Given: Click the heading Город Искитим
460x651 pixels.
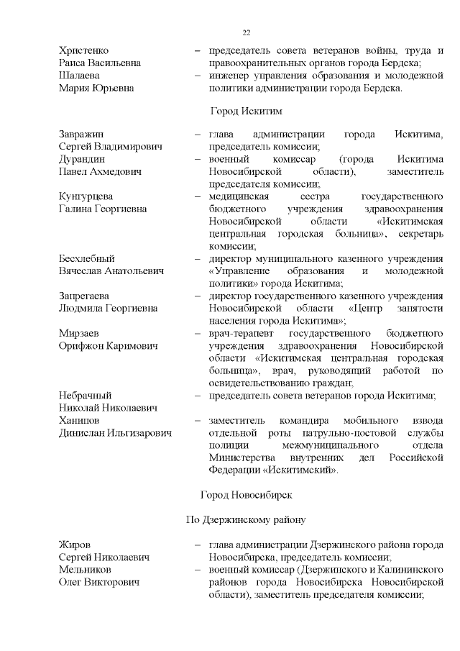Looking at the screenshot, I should (246, 111).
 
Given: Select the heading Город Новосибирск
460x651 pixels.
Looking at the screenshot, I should (246, 495).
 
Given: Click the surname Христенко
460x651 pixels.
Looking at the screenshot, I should (83, 50).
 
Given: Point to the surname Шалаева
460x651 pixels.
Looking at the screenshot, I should (79, 76).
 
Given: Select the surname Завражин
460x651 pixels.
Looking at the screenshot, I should (81, 135).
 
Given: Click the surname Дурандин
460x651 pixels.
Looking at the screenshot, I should (82, 159).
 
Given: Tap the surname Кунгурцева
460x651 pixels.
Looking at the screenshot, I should (86, 196).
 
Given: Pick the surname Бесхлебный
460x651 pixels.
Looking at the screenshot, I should (86, 258).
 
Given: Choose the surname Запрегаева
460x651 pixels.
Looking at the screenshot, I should (86, 296).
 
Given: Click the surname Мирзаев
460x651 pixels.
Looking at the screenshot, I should (78, 333).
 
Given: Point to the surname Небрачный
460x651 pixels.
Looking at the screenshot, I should (85, 395).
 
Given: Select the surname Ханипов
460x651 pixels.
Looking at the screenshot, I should (79, 420).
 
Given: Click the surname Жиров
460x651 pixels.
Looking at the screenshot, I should (75, 545).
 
